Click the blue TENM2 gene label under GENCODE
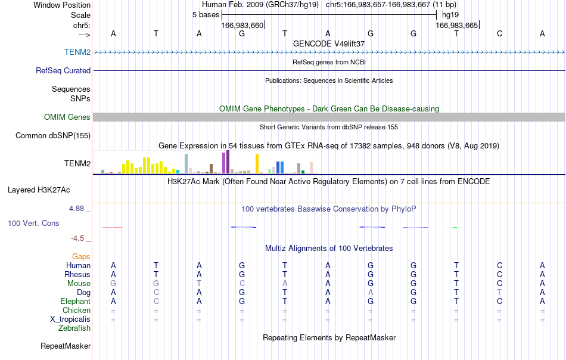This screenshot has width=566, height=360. click(x=77, y=52)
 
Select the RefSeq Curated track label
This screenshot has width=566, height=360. click(x=63, y=70)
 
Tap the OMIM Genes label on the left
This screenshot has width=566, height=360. click(x=67, y=117)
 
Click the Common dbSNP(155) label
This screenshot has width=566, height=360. click(x=52, y=136)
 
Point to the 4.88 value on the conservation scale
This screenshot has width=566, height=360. click(x=76, y=209)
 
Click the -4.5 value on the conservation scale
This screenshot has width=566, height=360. click(x=77, y=238)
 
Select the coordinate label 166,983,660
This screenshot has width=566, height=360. click(x=242, y=25)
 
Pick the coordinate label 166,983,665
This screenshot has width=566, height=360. click(x=456, y=25)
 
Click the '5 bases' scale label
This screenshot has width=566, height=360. click(x=206, y=15)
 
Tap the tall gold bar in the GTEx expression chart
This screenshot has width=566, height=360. click(x=257, y=163)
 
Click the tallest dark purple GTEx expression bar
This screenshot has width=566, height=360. click(x=228, y=162)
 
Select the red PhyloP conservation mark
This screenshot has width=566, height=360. click(x=113, y=227)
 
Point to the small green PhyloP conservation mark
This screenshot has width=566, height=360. click(x=455, y=227)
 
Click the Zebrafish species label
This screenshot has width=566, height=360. click(x=74, y=328)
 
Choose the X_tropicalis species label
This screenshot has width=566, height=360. click(x=70, y=319)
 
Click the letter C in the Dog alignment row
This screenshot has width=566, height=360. click(x=156, y=292)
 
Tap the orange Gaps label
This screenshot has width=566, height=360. click(x=81, y=256)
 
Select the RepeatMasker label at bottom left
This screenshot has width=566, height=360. click(x=66, y=346)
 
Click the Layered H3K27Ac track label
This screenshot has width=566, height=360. click(x=39, y=190)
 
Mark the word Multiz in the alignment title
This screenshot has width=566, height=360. click(x=275, y=248)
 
